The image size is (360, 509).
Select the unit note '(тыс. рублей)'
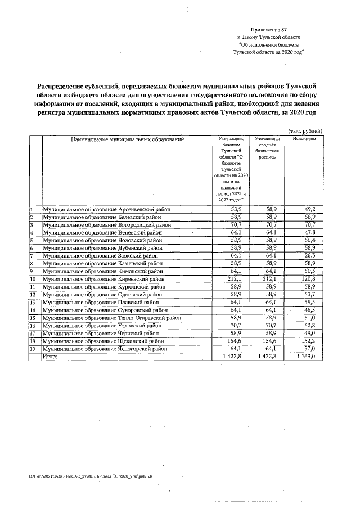tap(305, 130)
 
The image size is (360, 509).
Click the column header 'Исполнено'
tap(304, 138)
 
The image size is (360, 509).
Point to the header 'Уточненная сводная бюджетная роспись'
tap(267, 148)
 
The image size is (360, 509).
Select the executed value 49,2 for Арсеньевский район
tap(310, 209)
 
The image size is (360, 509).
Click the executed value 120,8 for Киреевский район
tap(308, 278)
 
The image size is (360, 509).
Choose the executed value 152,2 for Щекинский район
tap(308, 341)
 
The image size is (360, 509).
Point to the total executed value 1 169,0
tap(306, 357)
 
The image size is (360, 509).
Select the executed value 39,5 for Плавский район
tap(310, 302)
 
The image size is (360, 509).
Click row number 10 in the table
tap(33, 278)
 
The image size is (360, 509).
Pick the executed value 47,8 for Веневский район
tap(310, 232)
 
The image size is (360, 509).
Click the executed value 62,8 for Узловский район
tap(310, 325)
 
